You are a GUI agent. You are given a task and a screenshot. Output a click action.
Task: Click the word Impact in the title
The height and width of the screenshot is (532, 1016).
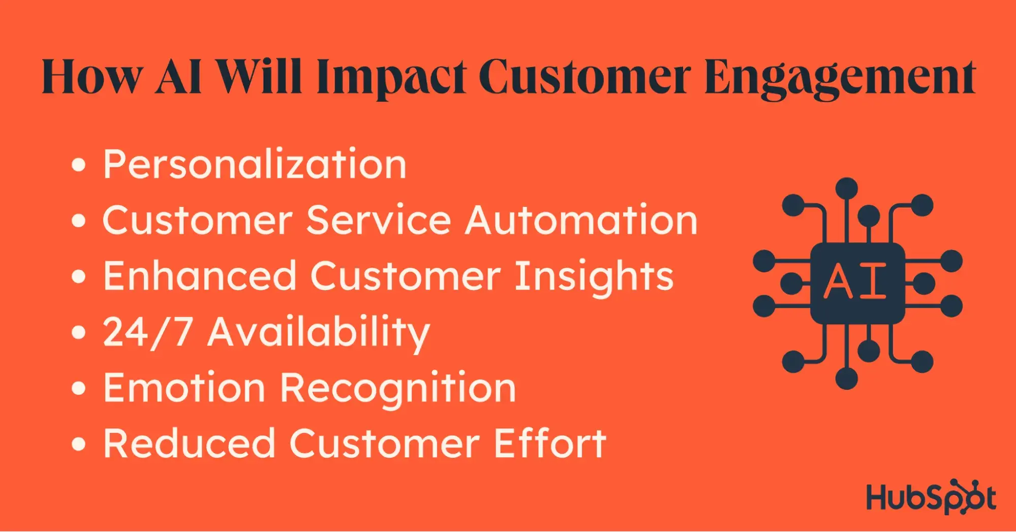pyautogui.click(x=391, y=77)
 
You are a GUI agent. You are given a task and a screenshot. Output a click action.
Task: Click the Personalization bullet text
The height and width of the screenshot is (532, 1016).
pyautogui.click(x=255, y=164)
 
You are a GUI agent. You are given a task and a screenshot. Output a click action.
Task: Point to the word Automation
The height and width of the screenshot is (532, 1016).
pyautogui.click(x=581, y=220)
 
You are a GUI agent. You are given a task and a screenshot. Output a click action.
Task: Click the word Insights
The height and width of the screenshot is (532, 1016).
pyautogui.click(x=594, y=277)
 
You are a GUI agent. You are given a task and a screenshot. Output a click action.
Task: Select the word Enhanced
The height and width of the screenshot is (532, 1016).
pyautogui.click(x=200, y=276)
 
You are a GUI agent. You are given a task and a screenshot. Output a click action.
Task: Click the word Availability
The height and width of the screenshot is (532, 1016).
pyautogui.click(x=319, y=333)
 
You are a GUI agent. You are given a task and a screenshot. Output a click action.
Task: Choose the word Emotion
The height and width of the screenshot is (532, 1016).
pyautogui.click(x=184, y=388)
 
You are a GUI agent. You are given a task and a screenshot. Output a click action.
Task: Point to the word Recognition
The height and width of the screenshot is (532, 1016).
pyautogui.click(x=398, y=389)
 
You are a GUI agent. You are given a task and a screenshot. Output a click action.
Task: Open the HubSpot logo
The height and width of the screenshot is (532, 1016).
pyautogui.click(x=931, y=496)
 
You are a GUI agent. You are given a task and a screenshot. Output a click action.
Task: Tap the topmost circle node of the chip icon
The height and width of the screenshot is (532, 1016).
pyautogui.click(x=847, y=189)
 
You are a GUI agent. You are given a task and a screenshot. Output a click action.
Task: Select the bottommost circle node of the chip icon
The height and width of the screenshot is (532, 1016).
pyautogui.click(x=847, y=379)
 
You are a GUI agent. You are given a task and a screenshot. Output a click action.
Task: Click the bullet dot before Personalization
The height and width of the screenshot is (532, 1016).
pyautogui.click(x=78, y=165)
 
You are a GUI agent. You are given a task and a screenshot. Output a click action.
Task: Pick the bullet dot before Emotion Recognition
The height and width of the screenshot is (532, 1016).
pyautogui.click(x=78, y=388)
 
